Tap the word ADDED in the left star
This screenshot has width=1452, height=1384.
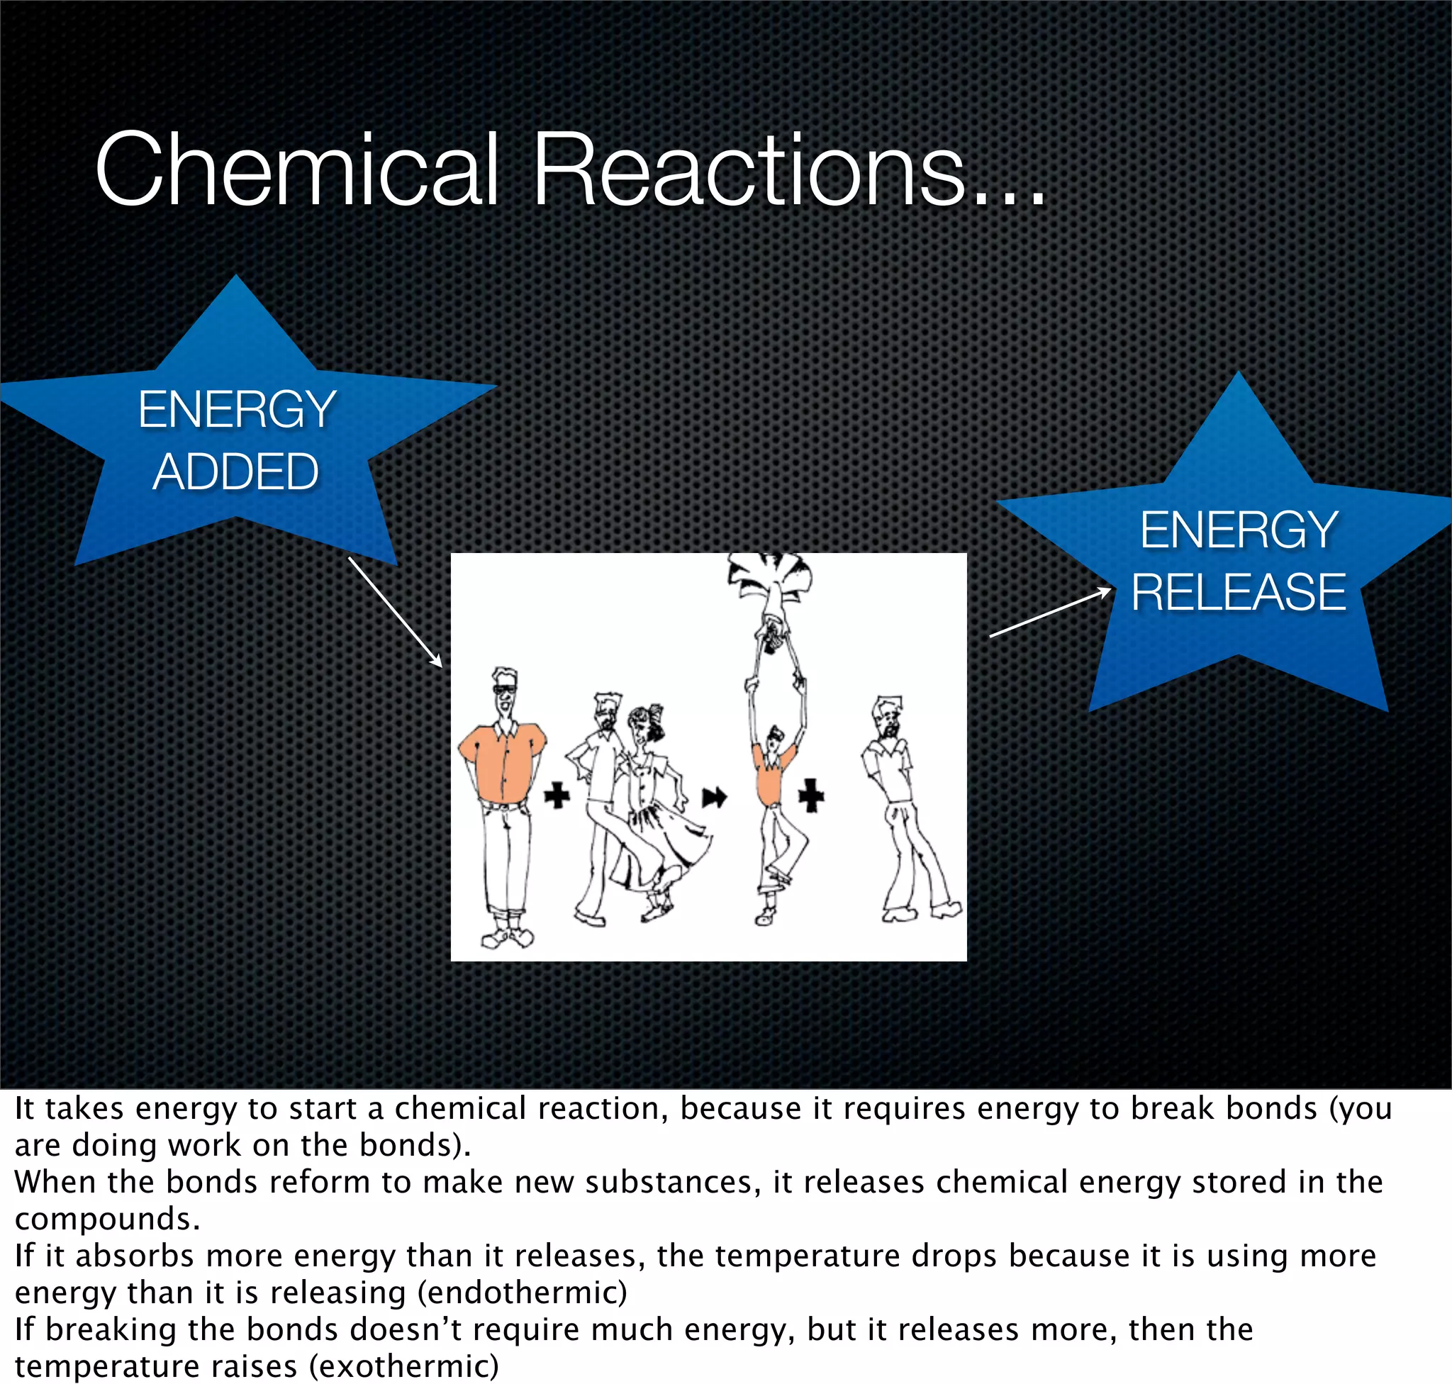[235, 472]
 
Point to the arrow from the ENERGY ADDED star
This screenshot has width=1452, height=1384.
[395, 612]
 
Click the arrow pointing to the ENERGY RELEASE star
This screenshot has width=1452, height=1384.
[1050, 613]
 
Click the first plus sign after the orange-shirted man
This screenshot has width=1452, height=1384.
[557, 796]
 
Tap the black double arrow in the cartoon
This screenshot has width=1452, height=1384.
[714, 797]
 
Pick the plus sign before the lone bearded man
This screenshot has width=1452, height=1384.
[811, 796]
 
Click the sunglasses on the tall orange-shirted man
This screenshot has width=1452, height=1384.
[505, 689]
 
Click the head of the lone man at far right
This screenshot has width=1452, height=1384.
[888, 715]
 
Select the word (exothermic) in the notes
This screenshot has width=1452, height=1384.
[403, 1366]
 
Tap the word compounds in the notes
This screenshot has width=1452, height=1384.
[107, 1219]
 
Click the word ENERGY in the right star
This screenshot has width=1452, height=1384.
[1239, 530]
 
